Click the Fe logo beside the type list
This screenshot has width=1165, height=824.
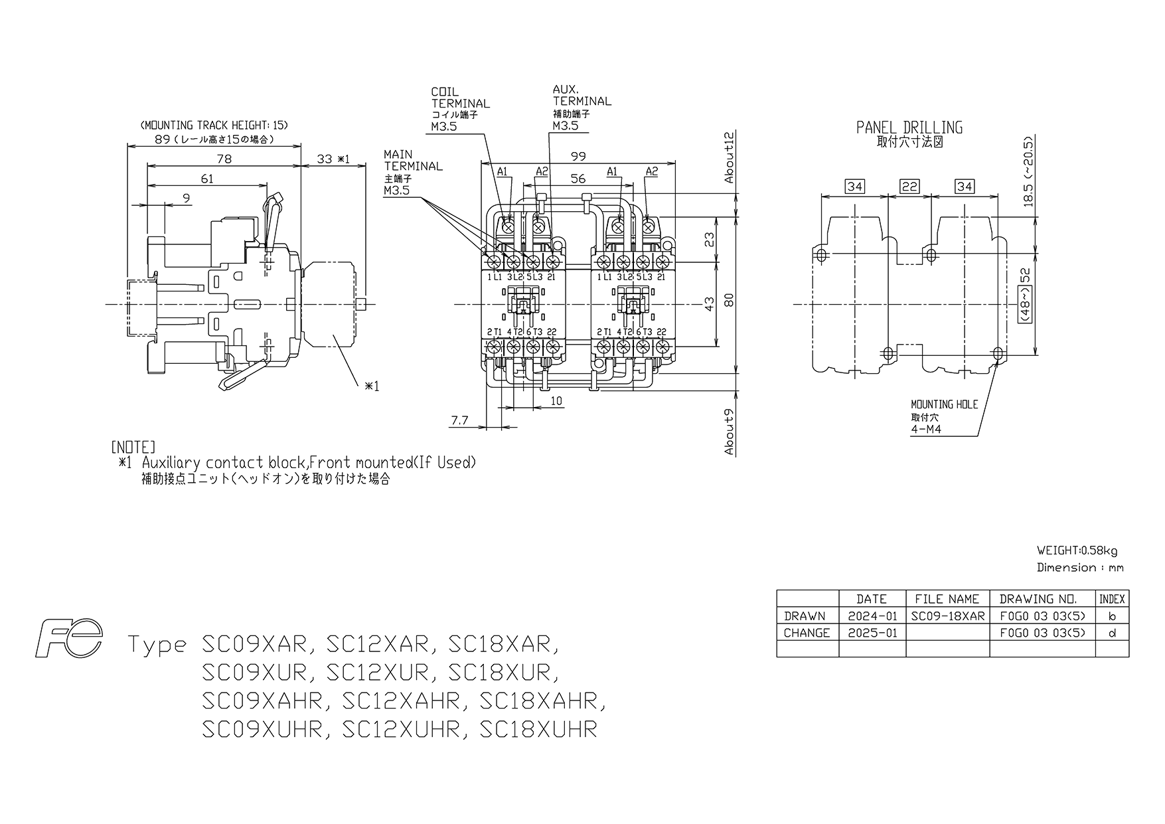point(70,639)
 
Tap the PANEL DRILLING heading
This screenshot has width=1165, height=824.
point(909,127)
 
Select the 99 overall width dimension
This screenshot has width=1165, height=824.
point(578,156)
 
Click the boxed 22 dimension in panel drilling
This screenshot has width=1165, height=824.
point(909,187)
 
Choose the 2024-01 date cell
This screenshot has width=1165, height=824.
point(872,616)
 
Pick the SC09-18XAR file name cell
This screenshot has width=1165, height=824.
point(947,616)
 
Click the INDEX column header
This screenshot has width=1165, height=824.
point(1112,599)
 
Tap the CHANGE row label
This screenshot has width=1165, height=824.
point(807,633)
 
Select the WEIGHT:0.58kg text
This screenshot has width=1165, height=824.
point(1077,550)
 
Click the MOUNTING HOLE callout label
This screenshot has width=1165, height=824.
point(944,404)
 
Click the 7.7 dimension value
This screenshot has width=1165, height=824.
point(460,420)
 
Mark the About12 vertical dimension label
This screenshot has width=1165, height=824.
point(730,157)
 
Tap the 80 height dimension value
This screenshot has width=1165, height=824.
point(729,301)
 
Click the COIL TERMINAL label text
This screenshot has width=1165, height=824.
point(460,98)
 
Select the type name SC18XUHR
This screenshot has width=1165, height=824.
point(538,729)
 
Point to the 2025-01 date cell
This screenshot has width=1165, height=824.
point(872,633)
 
